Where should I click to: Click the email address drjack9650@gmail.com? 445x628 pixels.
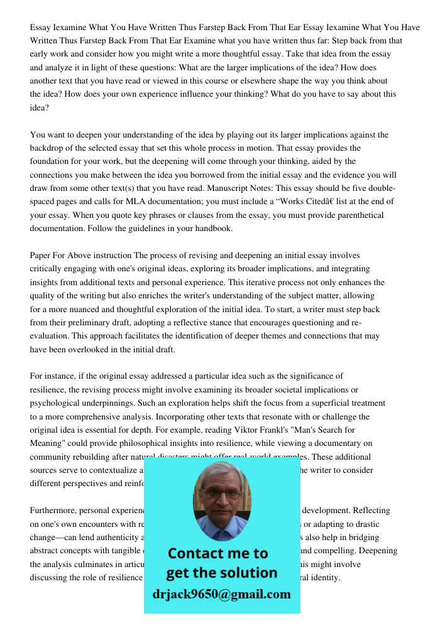(221, 593)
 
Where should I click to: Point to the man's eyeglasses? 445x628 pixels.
(222, 493)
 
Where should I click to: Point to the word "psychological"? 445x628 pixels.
(55, 403)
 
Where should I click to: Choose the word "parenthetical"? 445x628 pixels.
(356, 215)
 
